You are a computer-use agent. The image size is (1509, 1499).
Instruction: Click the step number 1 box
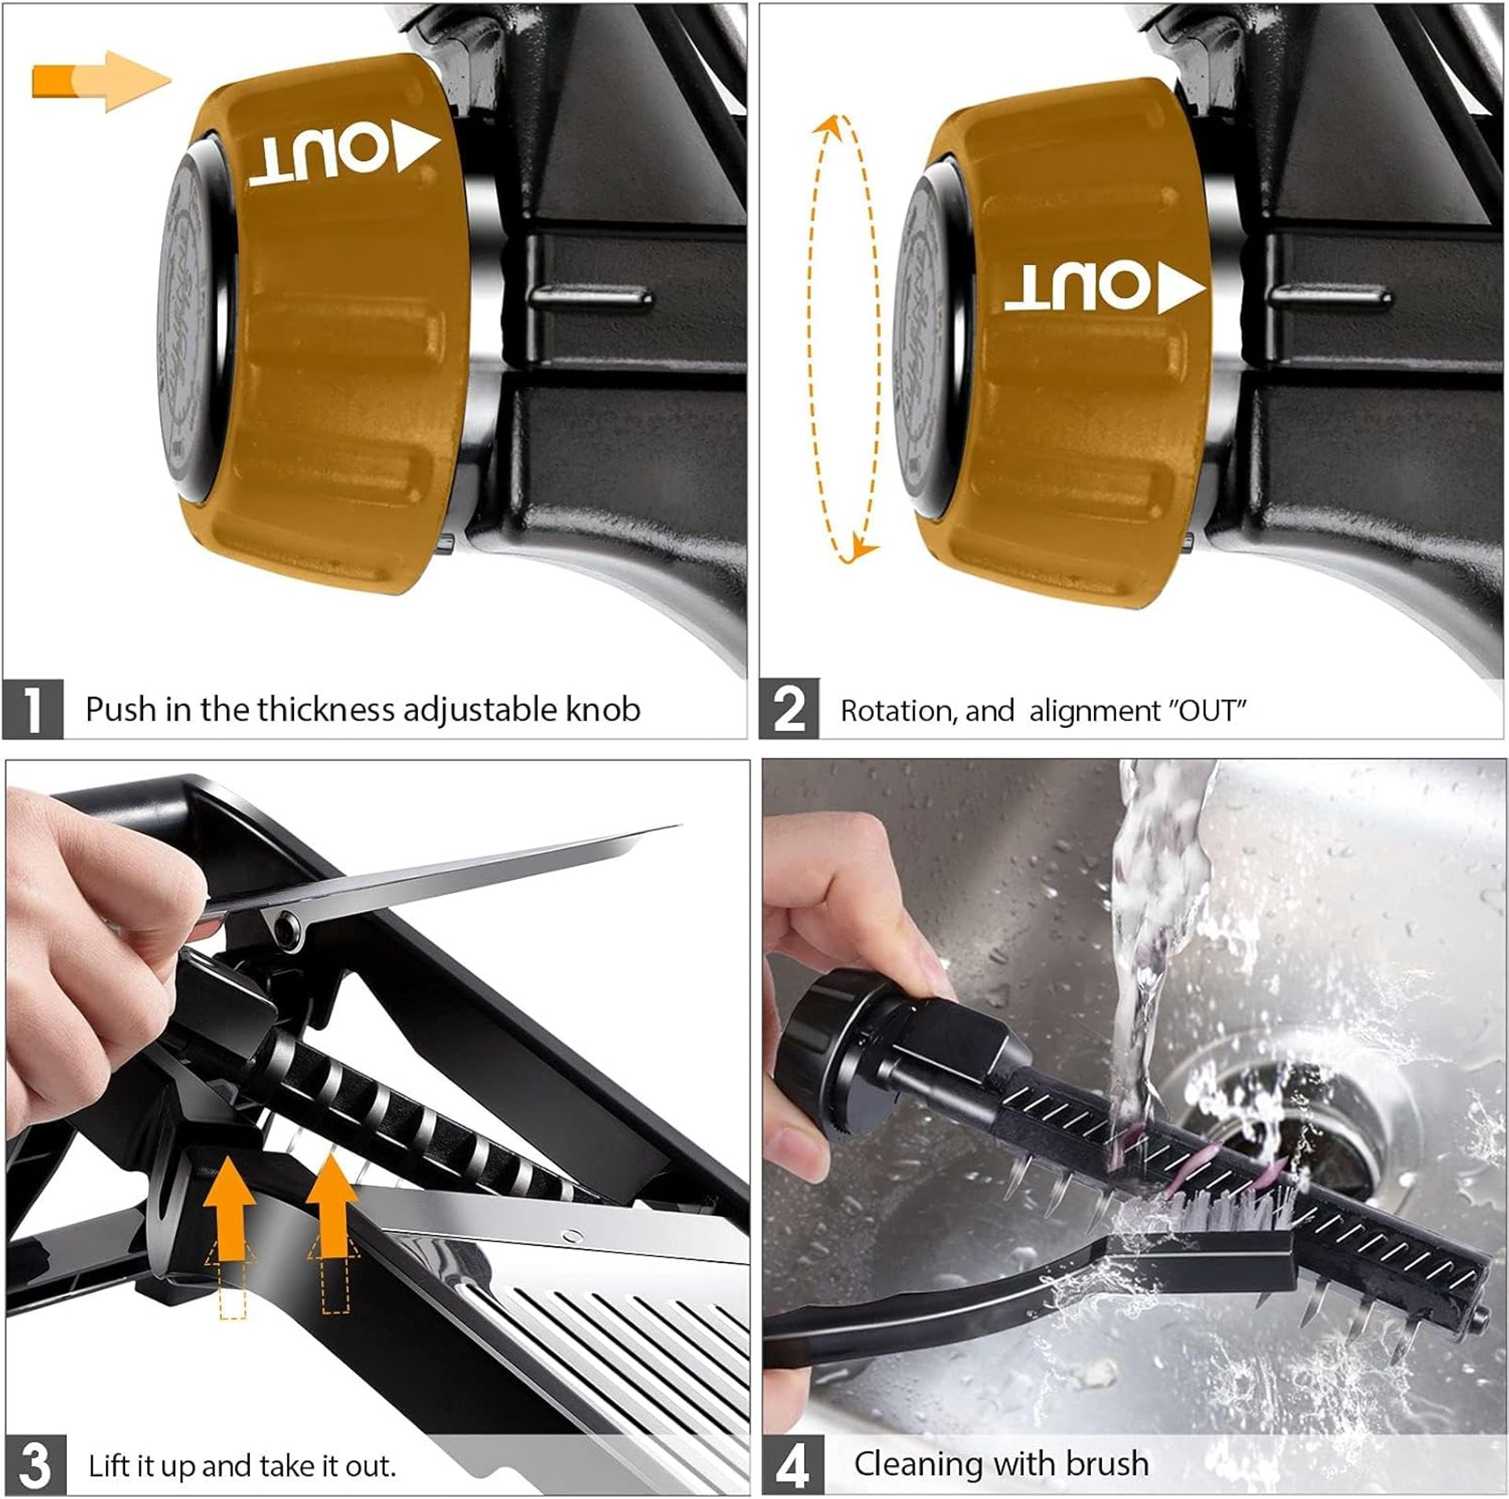32,709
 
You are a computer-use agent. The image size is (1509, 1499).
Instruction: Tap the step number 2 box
788,709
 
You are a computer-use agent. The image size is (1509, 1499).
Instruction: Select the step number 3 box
35,1465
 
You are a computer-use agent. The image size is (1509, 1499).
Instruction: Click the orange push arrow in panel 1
102,81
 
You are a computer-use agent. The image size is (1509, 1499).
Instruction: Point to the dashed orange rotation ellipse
844,338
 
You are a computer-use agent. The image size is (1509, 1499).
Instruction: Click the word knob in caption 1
603,710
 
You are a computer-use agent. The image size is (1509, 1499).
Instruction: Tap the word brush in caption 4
1107,1464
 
